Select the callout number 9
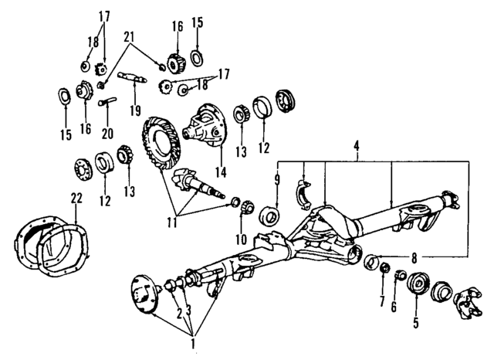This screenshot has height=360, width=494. tap(276, 180)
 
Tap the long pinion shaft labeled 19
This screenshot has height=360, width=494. tap(132, 76)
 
